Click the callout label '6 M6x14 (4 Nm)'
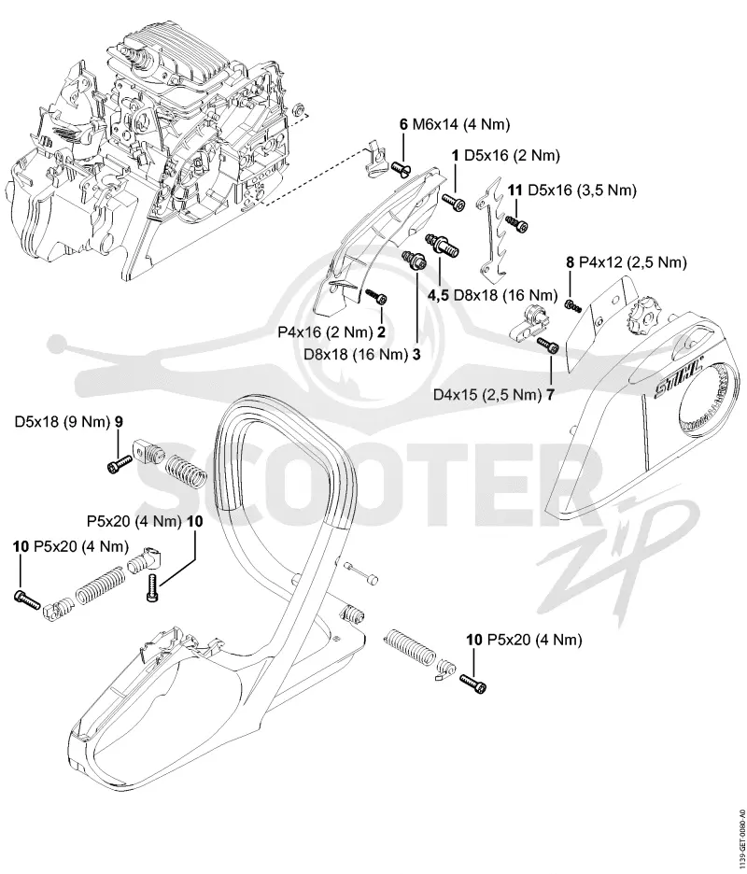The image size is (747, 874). coord(455,124)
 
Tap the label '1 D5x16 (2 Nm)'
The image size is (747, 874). coord(505,156)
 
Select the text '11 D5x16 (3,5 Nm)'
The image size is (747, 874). coord(572,190)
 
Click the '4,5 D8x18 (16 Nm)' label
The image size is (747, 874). coord(493,295)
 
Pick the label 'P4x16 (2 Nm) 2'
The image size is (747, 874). coord(331,332)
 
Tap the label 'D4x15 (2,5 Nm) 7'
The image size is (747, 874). coord(494,395)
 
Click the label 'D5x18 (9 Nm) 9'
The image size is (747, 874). coord(69,422)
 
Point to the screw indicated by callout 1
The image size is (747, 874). coord(454,201)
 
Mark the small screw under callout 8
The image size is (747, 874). coord(572,305)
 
